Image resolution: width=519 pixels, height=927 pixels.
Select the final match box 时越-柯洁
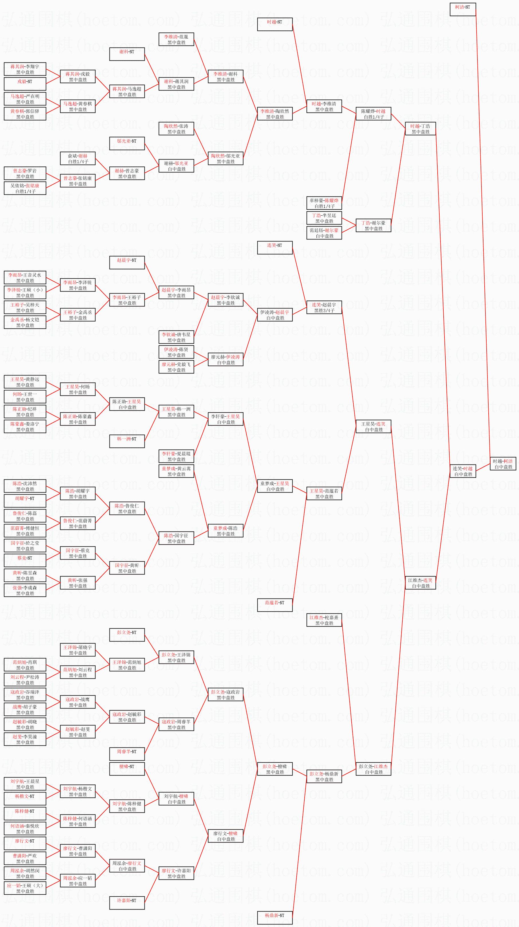point(503,464)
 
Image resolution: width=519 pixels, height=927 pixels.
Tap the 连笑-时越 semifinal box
point(463,471)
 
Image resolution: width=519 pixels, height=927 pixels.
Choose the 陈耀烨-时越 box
point(373,114)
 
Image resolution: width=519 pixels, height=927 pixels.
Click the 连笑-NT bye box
point(275,248)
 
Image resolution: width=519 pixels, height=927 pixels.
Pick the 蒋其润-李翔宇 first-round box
point(25,69)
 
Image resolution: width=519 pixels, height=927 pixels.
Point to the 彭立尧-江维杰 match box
point(373,769)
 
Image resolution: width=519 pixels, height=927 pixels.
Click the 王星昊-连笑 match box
point(373,427)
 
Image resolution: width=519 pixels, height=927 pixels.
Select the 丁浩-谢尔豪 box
point(373,226)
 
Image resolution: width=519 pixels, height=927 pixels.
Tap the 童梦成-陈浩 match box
point(226,531)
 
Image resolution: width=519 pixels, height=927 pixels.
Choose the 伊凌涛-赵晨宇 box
point(275,315)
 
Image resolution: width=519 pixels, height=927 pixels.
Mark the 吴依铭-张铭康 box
point(25,188)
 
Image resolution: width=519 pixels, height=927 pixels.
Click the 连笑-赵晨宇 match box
point(324,307)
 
